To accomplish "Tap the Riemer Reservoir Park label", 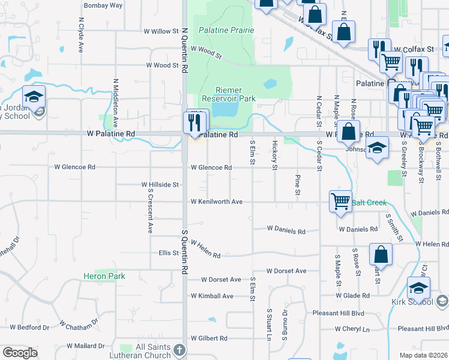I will click(228, 94).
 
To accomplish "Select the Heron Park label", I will click(104, 276).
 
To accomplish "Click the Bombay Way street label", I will click(103, 5).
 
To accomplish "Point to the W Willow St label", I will click(161, 31).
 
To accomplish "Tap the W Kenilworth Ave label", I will click(216, 202).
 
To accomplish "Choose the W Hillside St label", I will click(160, 185).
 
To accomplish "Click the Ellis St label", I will click(169, 253).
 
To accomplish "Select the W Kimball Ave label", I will click(212, 296).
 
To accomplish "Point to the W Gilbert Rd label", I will click(209, 338).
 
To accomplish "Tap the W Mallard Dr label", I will click(85, 346).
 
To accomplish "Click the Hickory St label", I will click(274, 155).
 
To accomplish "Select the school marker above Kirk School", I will click(418, 288).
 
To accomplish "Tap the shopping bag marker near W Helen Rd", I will click(381, 254).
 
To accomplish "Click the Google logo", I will click(20, 353).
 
